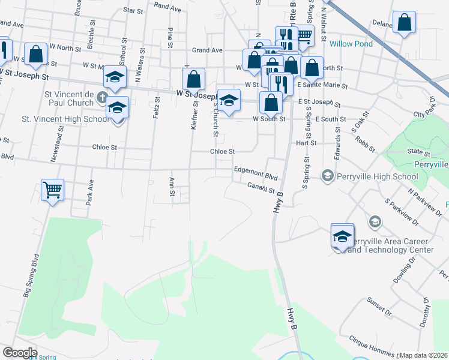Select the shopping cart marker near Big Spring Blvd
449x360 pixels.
[52, 191]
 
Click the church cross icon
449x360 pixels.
[102, 97]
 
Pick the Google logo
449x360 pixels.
[19, 352]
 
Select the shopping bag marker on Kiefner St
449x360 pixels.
[194, 79]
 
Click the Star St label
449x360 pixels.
[133, 10]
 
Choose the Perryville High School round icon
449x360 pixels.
[328, 176]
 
